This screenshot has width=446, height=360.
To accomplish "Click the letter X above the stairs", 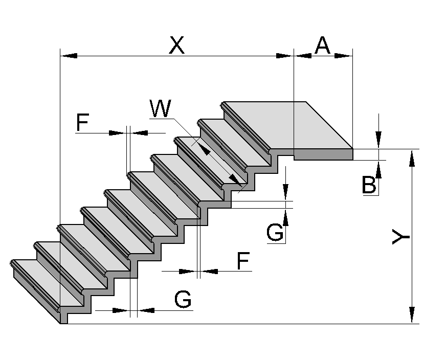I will click(176, 46).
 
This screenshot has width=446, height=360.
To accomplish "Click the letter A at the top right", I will click(323, 46).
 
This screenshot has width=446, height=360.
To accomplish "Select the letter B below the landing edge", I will click(369, 185).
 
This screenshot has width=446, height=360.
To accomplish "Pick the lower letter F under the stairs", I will click(243, 261).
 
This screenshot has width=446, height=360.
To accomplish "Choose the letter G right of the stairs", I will click(275, 233).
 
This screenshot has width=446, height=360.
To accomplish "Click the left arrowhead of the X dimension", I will click(69, 55).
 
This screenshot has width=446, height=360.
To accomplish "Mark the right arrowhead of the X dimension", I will click(284, 55).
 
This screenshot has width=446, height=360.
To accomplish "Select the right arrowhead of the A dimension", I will click(344, 55).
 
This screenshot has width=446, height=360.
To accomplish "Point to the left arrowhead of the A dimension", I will click(303, 55).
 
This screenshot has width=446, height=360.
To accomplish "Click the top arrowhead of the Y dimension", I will click(412, 158).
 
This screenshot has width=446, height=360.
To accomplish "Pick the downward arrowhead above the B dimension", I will click(378, 140).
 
